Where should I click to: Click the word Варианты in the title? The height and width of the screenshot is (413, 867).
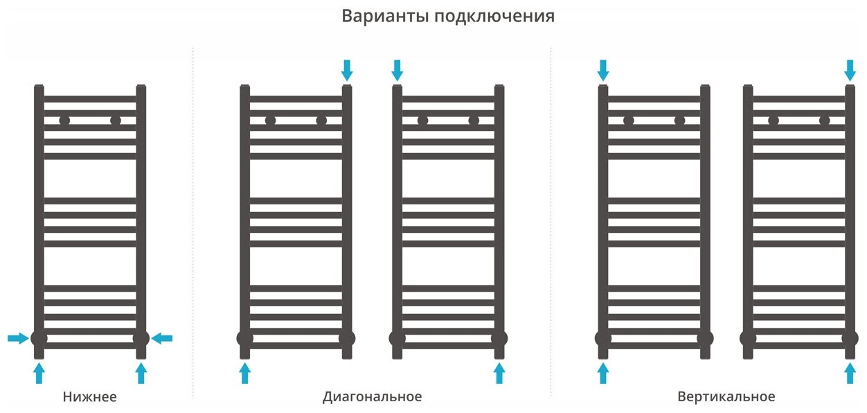[x=384, y=16]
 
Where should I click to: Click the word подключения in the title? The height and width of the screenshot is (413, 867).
[x=494, y=17]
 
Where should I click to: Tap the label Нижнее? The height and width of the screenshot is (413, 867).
[x=89, y=397]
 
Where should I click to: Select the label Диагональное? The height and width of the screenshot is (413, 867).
[x=372, y=397]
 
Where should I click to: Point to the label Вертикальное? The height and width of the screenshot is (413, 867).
[x=726, y=397]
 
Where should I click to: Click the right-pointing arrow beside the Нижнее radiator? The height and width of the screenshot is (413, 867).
[x=17, y=338]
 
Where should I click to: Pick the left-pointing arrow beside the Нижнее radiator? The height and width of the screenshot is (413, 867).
[x=162, y=338]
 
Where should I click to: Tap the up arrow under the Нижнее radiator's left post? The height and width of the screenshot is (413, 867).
[x=39, y=374]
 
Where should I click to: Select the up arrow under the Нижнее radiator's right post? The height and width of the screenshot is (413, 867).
[x=141, y=374]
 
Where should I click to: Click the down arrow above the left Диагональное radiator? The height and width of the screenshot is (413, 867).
[x=347, y=69]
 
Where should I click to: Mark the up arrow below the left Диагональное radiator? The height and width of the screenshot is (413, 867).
[x=244, y=374]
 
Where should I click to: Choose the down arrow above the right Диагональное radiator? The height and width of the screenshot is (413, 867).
[x=397, y=69]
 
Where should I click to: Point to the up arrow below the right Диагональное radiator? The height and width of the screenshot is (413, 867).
[x=499, y=374]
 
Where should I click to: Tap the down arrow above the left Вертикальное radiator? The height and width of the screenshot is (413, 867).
[x=602, y=69]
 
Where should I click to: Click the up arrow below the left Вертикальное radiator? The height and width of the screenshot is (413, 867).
[x=602, y=374]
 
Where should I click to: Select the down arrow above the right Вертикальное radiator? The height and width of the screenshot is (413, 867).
[x=850, y=69]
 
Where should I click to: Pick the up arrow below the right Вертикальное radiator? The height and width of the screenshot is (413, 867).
[x=850, y=374]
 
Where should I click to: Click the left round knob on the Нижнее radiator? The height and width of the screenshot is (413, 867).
[x=64, y=121]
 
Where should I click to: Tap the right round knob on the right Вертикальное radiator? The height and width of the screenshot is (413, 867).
[x=824, y=121]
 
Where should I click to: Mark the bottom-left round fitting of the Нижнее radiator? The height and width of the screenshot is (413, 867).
[x=39, y=338]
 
